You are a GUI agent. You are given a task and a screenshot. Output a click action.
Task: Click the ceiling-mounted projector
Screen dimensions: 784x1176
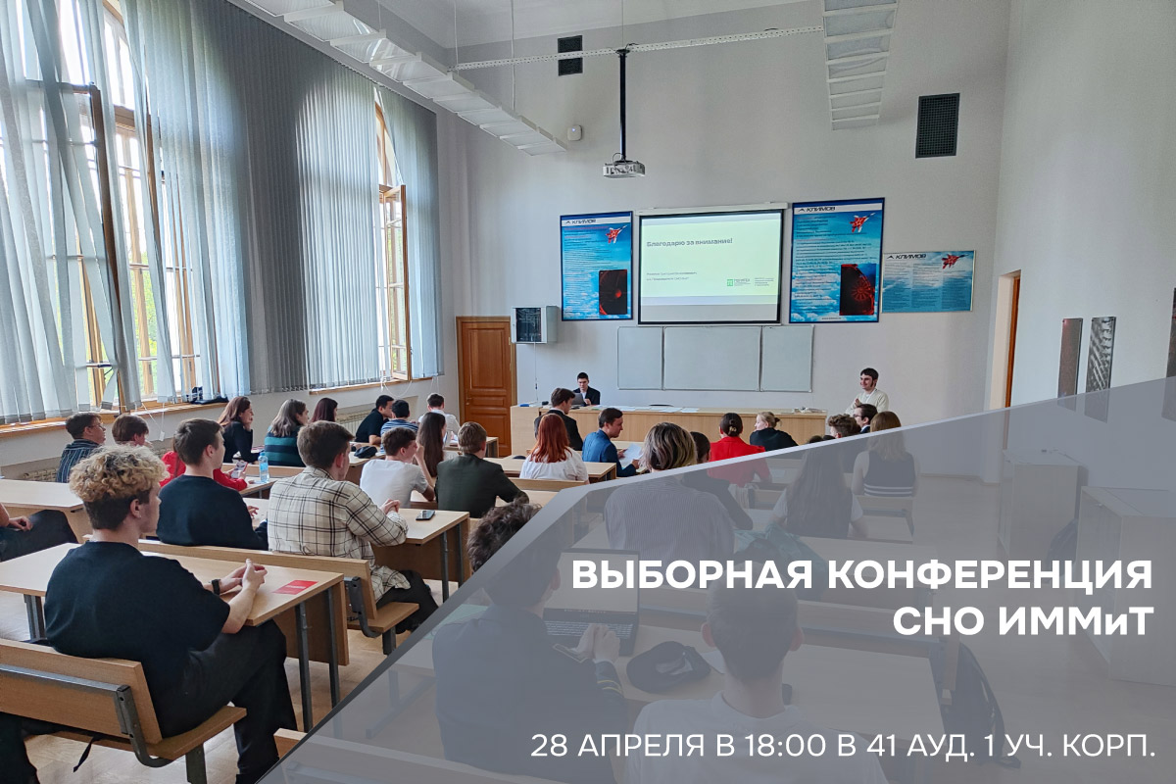click(x=623, y=168)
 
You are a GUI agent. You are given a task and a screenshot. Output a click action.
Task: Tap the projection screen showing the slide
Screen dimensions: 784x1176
click(x=711, y=266)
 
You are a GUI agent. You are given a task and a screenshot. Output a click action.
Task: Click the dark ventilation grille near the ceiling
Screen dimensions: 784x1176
click(x=937, y=125)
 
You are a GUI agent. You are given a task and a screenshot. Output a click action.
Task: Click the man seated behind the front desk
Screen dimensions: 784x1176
click(x=586, y=389)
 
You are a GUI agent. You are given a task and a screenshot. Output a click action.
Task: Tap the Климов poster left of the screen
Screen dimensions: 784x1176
click(x=596, y=266)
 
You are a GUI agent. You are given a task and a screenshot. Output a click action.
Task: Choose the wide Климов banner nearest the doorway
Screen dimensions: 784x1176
click(x=927, y=281)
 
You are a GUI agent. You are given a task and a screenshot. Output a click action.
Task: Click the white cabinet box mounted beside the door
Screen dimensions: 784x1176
click(x=534, y=324)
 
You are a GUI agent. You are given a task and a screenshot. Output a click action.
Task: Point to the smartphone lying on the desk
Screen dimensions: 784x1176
click(x=424, y=514)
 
